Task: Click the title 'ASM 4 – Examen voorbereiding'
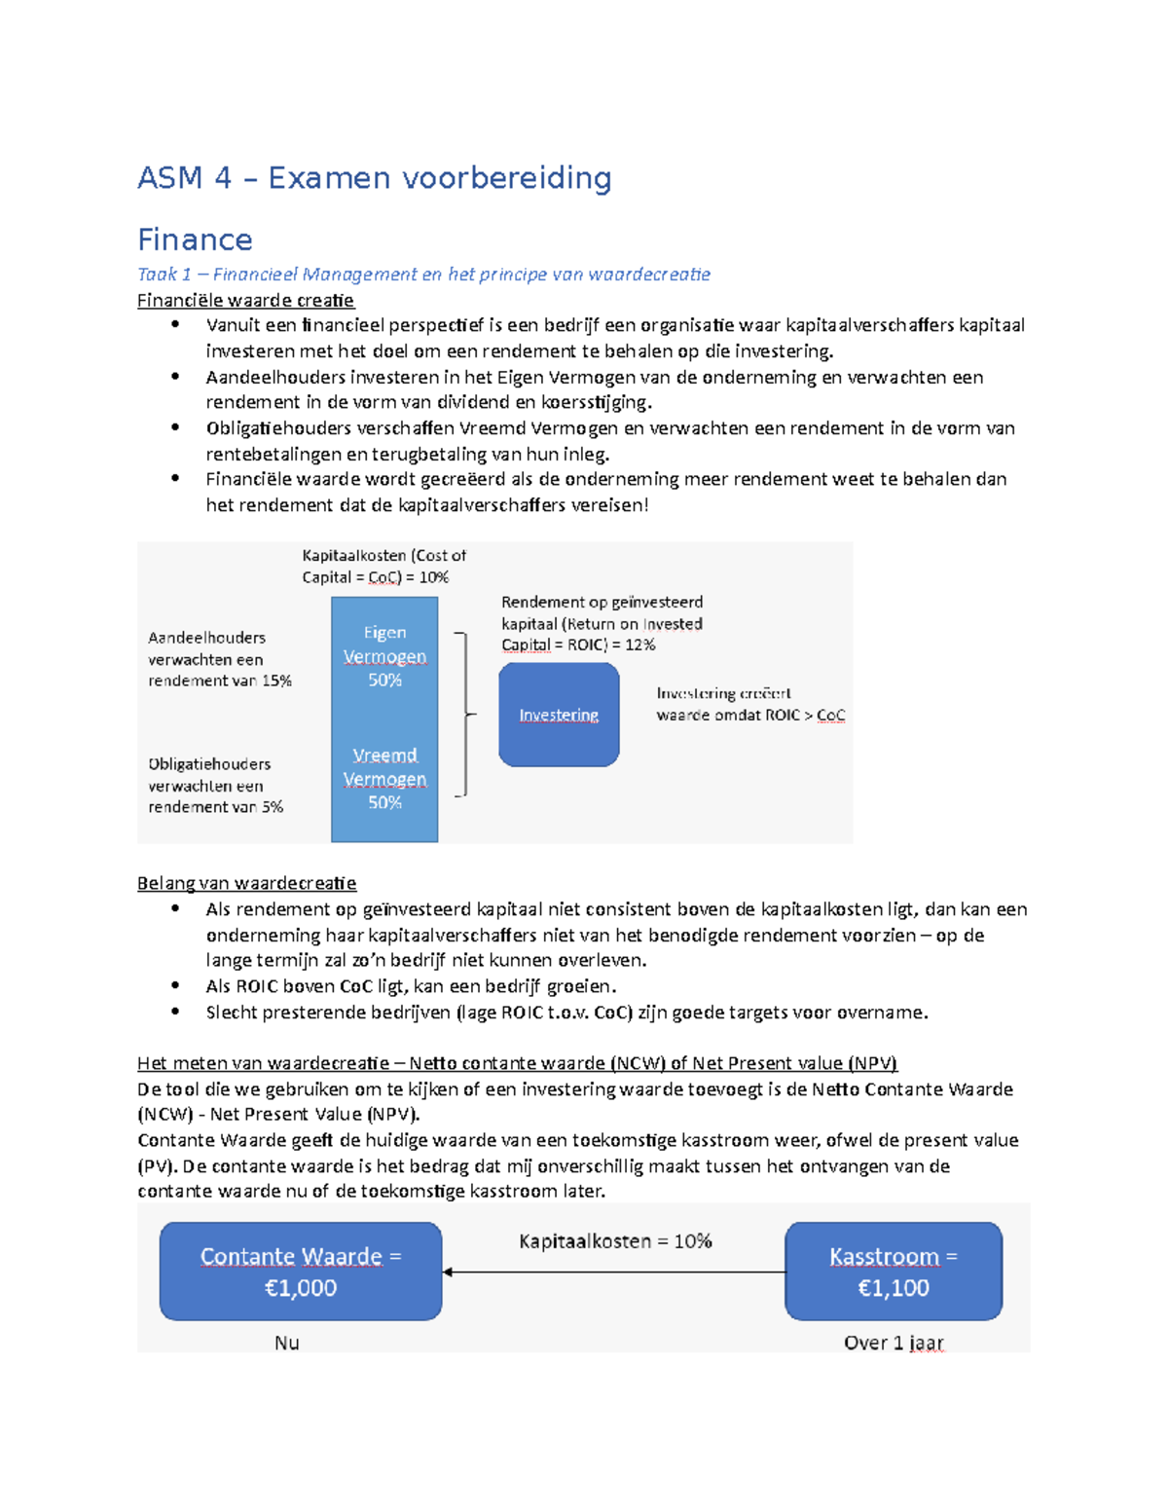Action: coord(374,178)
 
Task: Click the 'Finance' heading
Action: coord(195,240)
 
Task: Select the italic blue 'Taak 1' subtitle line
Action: coord(423,275)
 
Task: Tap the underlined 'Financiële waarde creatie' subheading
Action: coord(245,300)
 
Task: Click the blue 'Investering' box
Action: coord(559,715)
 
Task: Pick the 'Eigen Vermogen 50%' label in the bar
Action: coord(384,656)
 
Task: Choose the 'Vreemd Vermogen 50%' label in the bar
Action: coord(384,779)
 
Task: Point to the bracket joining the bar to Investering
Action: coord(465,715)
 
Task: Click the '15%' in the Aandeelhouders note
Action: coord(276,681)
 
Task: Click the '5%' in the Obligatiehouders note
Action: coord(273,807)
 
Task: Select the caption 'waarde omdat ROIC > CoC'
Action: coord(749,715)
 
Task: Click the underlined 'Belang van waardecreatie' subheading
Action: coord(246,883)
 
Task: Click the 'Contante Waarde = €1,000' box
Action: coord(301,1272)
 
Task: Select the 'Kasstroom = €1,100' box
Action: coord(893,1272)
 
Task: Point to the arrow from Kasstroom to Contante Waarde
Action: coord(613,1272)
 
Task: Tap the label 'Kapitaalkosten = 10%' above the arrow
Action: coord(615,1241)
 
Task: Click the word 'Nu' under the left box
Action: coord(286,1343)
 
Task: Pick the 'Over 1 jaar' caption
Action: coord(893,1343)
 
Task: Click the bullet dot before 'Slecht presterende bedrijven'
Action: coord(175,1012)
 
